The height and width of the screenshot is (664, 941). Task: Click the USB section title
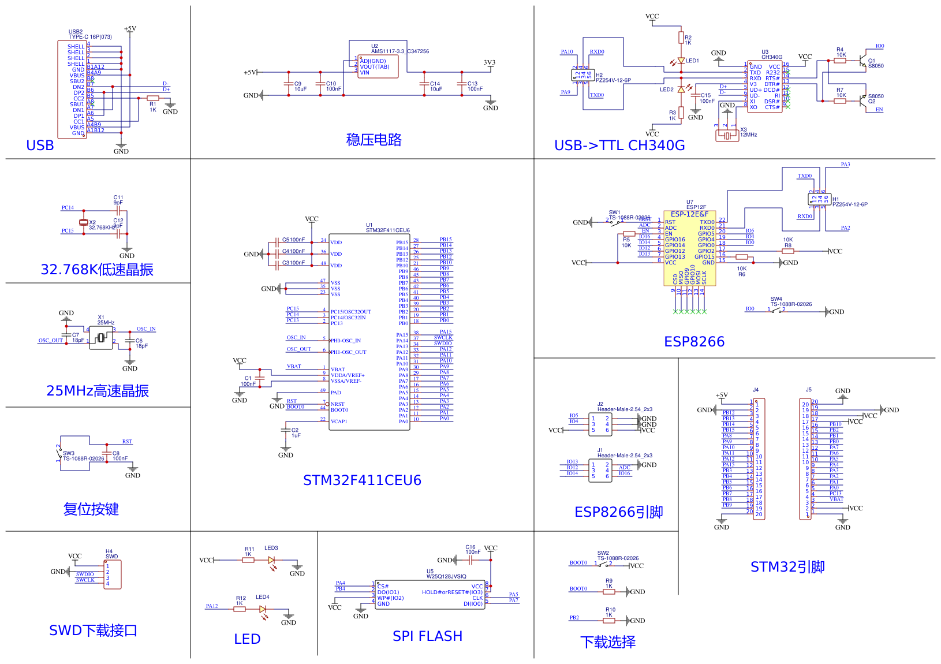click(x=40, y=146)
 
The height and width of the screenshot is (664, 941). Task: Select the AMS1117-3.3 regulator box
click(x=378, y=67)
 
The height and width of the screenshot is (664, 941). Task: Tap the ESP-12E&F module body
click(x=689, y=248)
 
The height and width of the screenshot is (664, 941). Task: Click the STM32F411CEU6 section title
click(x=362, y=480)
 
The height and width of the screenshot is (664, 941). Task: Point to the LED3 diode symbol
click(x=271, y=560)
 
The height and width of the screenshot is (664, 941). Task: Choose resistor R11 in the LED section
click(x=248, y=560)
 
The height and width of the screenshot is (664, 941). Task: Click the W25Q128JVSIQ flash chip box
click(x=430, y=595)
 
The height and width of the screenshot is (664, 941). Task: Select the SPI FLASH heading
click(x=427, y=636)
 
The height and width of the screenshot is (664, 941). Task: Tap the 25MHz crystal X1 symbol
click(x=101, y=338)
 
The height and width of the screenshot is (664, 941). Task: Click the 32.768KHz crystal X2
click(x=84, y=222)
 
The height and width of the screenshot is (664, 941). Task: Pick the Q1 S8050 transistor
click(x=862, y=60)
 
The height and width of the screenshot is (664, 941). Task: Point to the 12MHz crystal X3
click(x=727, y=136)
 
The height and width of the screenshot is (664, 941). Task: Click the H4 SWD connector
click(x=113, y=575)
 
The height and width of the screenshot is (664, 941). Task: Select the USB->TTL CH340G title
click(x=619, y=146)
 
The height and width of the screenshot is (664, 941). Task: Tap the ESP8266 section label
click(x=694, y=342)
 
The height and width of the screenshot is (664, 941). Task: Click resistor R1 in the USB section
click(x=153, y=98)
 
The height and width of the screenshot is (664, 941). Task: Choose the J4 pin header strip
click(x=759, y=459)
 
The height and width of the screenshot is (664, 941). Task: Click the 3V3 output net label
click(x=489, y=63)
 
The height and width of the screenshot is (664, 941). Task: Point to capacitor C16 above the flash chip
click(x=470, y=560)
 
